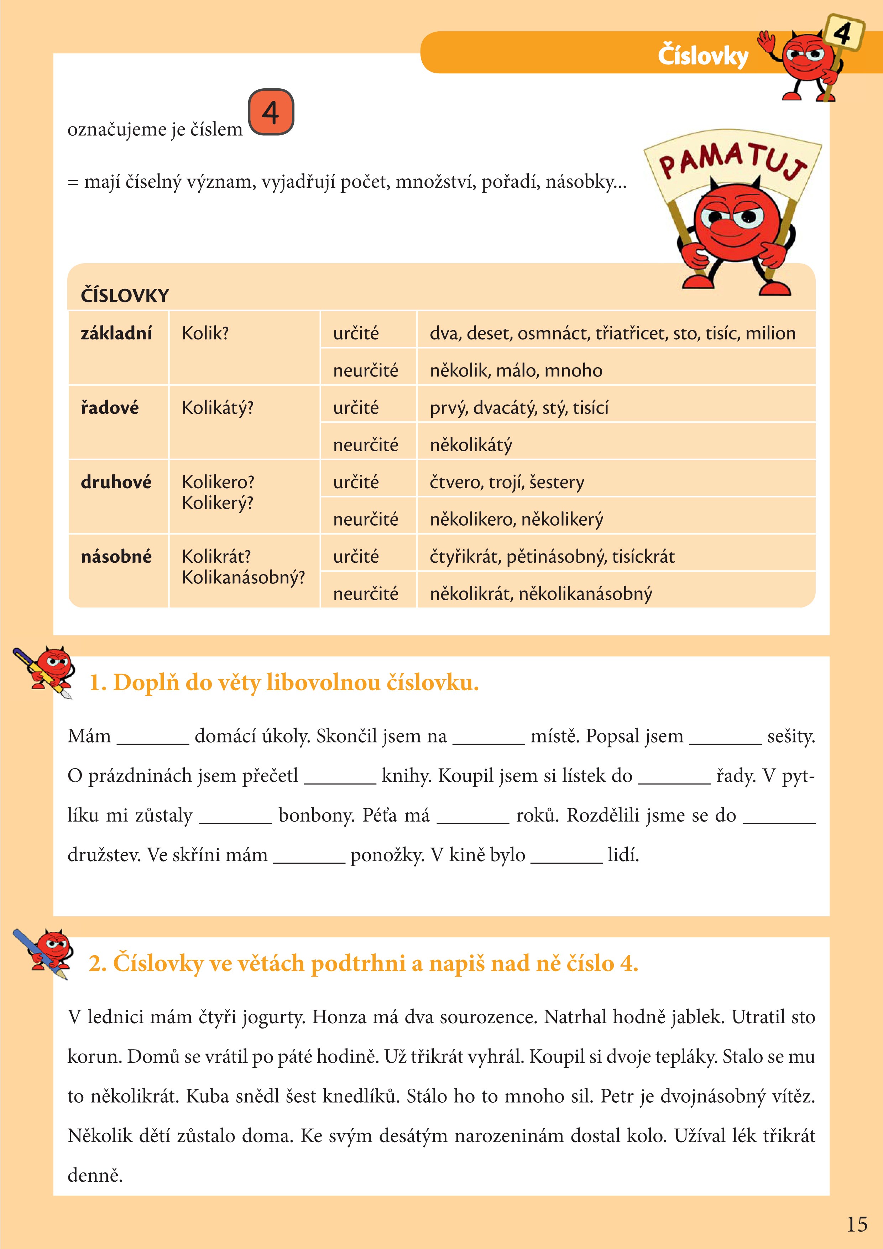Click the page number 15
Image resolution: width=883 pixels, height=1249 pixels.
click(857, 1224)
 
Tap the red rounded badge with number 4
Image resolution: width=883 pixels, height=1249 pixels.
click(271, 112)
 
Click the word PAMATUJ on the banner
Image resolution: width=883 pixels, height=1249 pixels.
click(731, 161)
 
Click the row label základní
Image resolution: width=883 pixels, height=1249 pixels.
click(116, 333)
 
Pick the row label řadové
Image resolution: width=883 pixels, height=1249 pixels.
click(109, 407)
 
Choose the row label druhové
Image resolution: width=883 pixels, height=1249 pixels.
click(116, 482)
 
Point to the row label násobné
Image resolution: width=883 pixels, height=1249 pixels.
click(116, 557)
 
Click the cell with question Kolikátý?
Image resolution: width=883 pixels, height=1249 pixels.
click(218, 407)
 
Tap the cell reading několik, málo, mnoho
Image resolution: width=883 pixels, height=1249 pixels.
click(516, 370)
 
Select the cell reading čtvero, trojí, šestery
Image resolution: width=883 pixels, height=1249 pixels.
click(507, 482)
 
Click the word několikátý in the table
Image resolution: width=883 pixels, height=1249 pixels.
click(471, 445)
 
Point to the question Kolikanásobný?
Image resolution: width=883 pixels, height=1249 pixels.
click(243, 577)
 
